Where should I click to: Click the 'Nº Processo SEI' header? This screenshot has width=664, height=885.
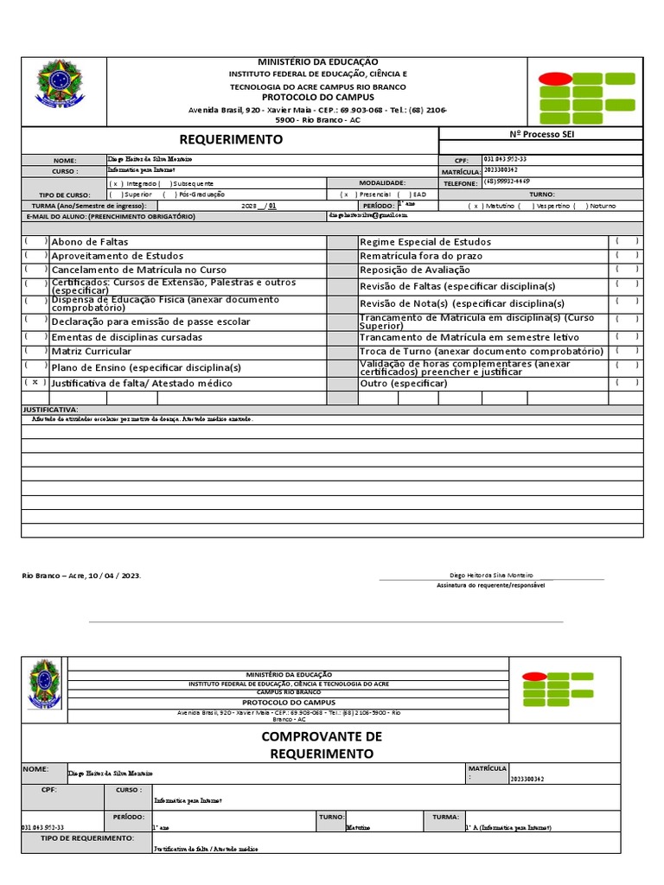pyautogui.click(x=541, y=134)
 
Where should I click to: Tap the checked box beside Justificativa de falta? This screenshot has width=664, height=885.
pyautogui.click(x=35, y=382)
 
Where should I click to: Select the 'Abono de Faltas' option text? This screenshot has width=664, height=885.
pyautogui.click(x=89, y=242)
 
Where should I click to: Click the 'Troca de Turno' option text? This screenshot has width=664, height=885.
pyautogui.click(x=481, y=352)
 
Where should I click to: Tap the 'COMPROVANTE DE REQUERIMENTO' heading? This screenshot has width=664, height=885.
pyautogui.click(x=321, y=744)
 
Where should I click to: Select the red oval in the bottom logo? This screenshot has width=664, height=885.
pyautogui.click(x=534, y=678)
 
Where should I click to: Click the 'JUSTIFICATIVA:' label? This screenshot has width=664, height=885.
pyautogui.click(x=50, y=409)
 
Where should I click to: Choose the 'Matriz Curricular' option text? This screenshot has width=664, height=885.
pyautogui.click(x=92, y=352)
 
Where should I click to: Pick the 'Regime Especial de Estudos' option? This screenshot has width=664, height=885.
pyautogui.click(x=425, y=242)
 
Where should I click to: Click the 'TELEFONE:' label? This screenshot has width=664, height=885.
pyautogui.click(x=460, y=184)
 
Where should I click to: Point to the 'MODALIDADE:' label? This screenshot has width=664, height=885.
pyautogui.click(x=382, y=183)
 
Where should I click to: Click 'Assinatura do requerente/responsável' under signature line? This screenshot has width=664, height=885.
pyautogui.click(x=491, y=585)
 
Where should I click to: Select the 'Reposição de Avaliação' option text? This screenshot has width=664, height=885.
pyautogui.click(x=415, y=271)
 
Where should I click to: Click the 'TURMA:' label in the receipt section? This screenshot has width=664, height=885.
pyautogui.click(x=445, y=816)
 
